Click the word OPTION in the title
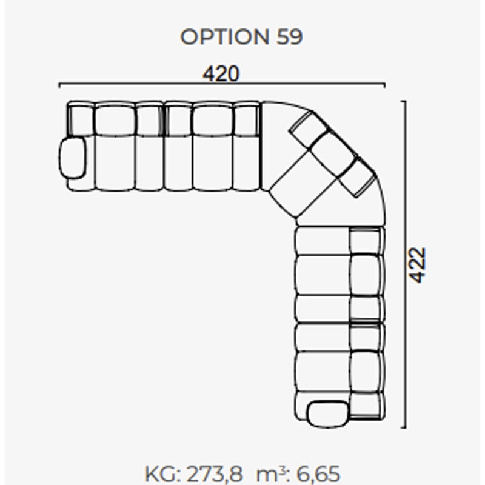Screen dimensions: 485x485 point(224,37)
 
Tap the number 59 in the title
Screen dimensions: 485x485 point(289,37)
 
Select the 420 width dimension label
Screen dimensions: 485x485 point(221,73)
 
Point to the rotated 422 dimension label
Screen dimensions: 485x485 point(417,265)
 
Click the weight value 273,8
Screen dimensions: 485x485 point(215,473)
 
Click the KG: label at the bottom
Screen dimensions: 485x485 point(163,473)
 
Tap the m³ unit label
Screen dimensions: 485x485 point(272,473)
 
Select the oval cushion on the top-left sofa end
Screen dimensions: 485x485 point(73,158)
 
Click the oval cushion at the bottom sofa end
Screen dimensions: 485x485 point(328,414)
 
